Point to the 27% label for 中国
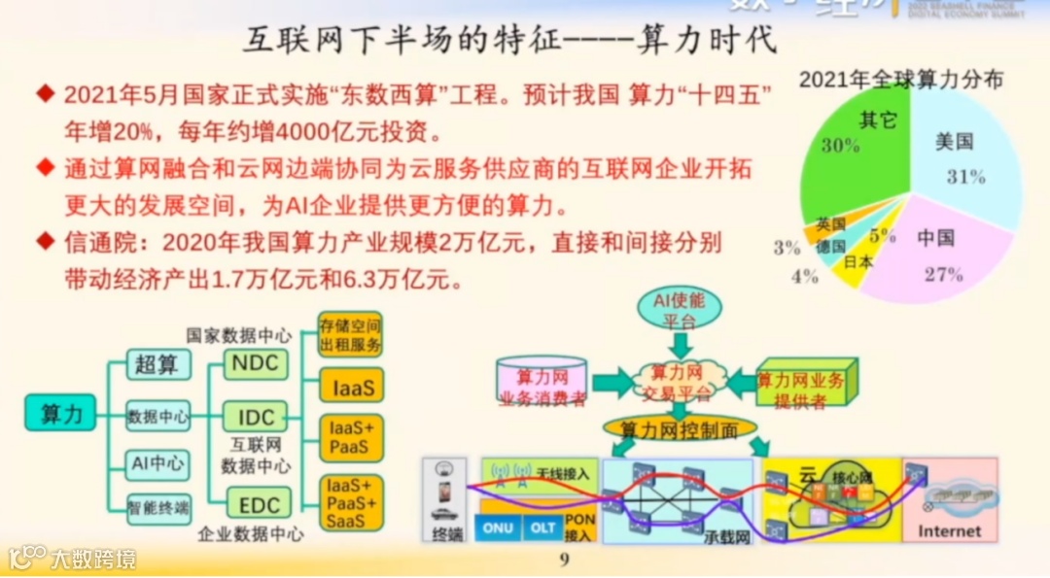click(942, 274)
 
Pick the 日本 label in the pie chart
click(857, 261)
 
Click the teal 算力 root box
click(61, 414)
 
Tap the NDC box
click(256, 364)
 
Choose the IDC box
click(256, 418)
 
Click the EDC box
click(258, 504)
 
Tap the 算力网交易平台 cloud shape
click(679, 383)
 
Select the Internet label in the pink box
click(949, 530)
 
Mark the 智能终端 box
click(157, 505)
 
